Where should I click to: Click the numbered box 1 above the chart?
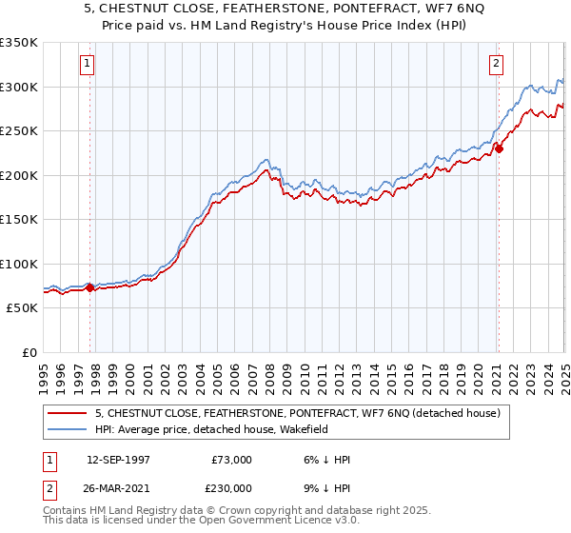click(87, 65)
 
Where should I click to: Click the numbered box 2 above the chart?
click(497, 65)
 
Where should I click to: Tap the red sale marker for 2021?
click(499, 148)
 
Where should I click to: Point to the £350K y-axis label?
click(19, 43)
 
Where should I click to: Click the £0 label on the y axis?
click(30, 352)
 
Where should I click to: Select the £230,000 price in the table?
click(231, 486)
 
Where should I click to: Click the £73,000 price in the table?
click(231, 460)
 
